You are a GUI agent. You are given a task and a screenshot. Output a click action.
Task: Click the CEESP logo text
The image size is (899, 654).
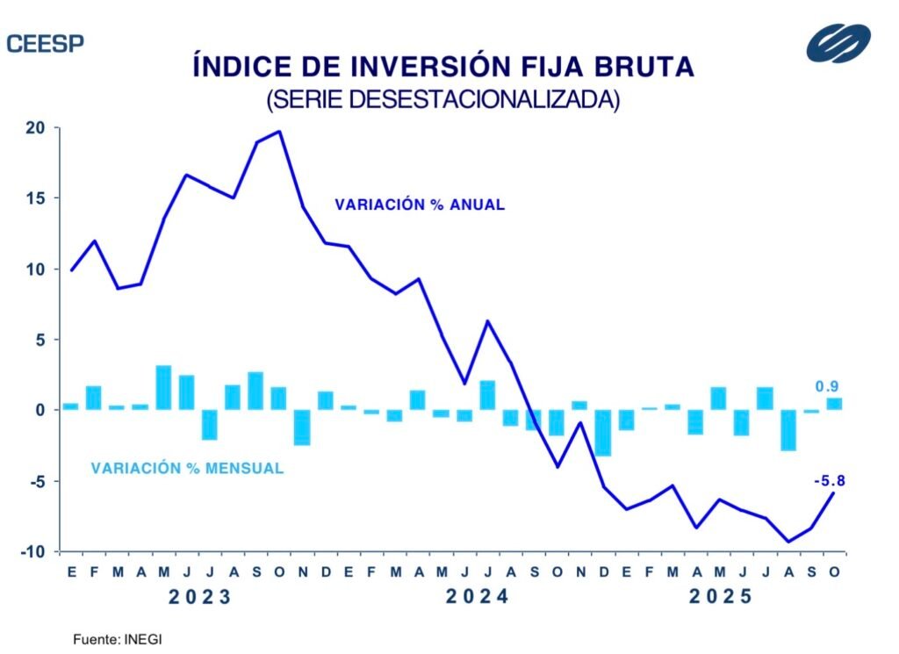(45, 44)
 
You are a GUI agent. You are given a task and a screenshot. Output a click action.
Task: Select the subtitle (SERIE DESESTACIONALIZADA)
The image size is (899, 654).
(442, 99)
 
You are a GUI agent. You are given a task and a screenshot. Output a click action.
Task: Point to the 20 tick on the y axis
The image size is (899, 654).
(35, 128)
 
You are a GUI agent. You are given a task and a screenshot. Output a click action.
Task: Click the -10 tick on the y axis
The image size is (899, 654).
(32, 552)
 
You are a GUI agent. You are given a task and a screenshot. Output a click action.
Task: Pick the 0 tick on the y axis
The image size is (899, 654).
(40, 410)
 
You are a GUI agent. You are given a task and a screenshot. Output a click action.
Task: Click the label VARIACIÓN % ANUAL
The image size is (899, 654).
(419, 205)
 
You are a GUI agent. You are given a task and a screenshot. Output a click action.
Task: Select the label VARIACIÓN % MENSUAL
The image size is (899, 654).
(187, 469)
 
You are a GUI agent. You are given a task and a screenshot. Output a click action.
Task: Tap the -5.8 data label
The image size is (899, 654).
(830, 480)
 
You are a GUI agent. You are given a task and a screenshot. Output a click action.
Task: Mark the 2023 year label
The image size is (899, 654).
(200, 598)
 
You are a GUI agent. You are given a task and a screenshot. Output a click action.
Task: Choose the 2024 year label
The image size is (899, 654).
(477, 598)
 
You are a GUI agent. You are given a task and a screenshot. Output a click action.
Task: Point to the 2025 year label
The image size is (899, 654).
(721, 598)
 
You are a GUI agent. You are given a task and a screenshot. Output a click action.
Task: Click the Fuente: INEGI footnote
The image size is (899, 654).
(117, 640)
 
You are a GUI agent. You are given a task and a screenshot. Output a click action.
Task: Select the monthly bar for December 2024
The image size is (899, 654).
(603, 432)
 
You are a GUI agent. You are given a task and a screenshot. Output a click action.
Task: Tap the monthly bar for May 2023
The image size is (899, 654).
(163, 387)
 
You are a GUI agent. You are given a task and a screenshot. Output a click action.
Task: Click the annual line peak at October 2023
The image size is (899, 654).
(278, 132)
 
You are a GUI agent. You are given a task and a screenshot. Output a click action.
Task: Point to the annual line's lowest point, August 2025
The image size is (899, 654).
(788, 542)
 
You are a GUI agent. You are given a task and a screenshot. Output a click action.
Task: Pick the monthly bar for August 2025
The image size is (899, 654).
(788, 429)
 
